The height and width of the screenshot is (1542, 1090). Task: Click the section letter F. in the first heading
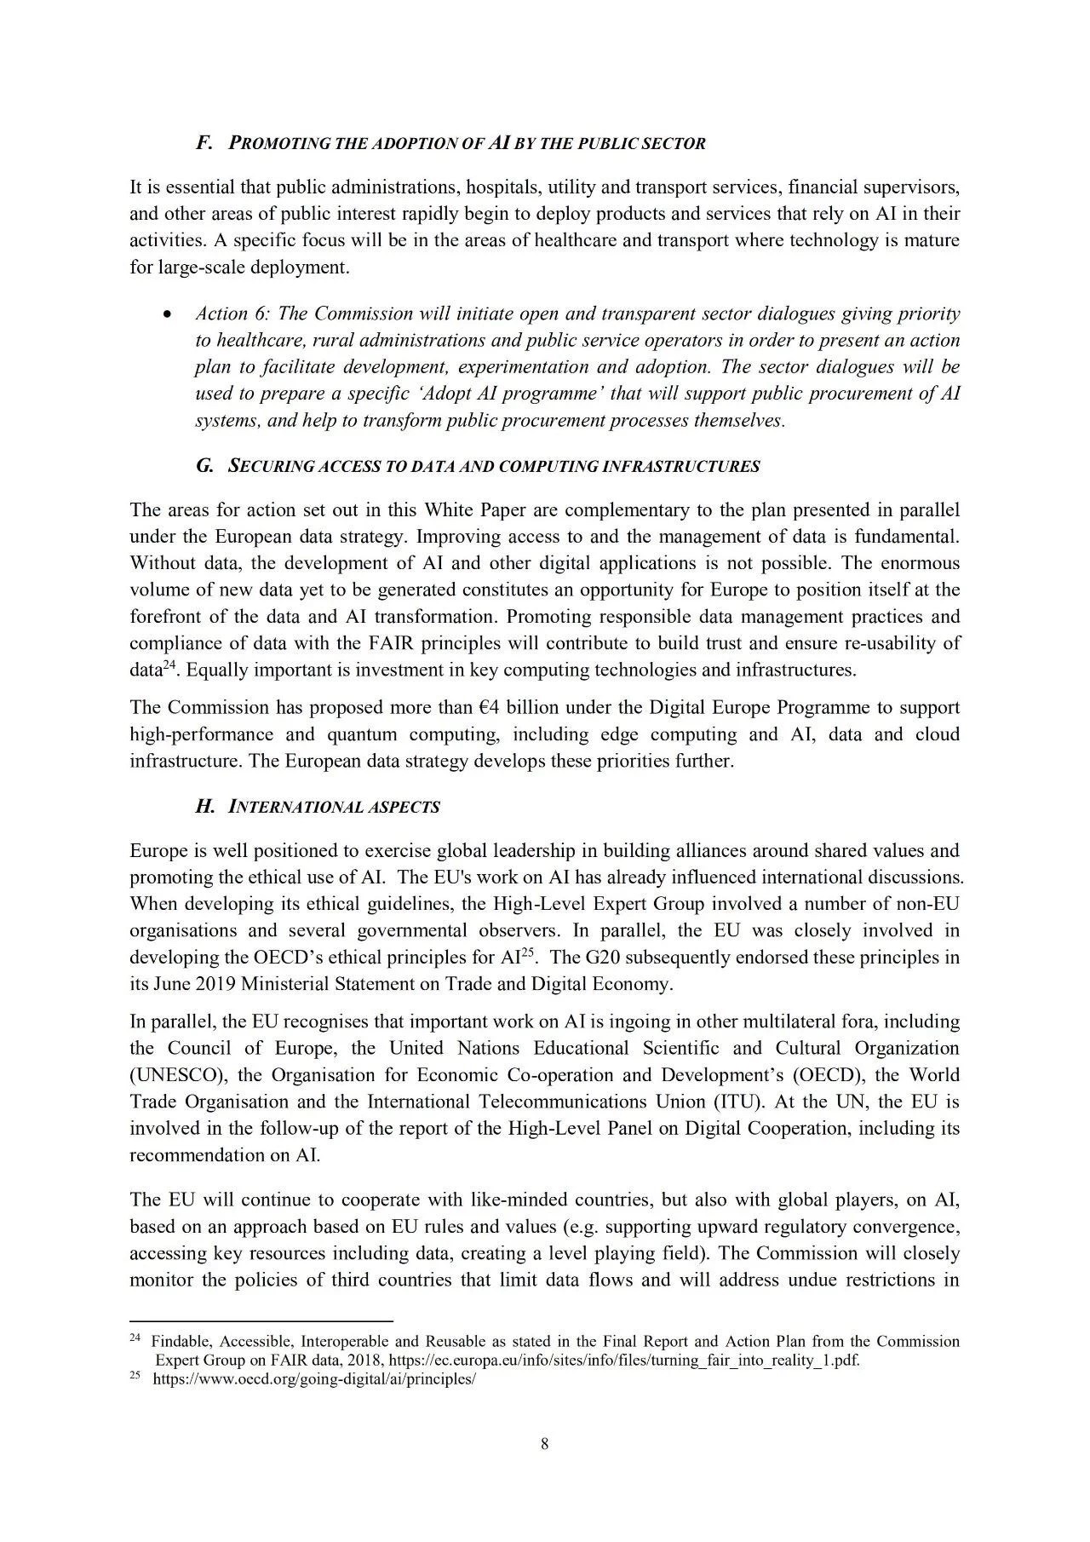204,143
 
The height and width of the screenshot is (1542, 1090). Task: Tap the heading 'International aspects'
334,808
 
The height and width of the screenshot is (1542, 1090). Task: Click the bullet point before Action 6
169,314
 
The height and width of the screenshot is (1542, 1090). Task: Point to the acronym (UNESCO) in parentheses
177,1075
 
